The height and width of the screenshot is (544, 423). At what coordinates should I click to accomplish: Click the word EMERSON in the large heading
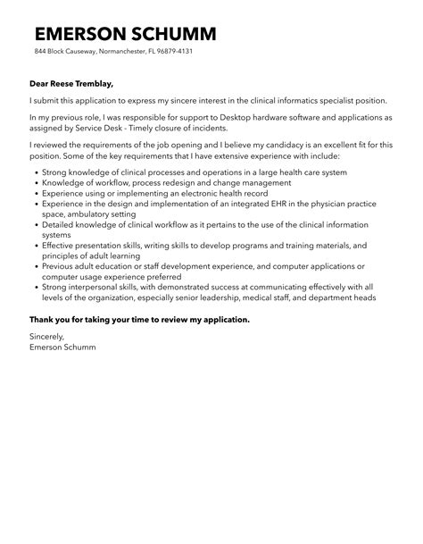pos(83,34)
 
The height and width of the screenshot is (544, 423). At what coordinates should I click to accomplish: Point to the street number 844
pos(41,52)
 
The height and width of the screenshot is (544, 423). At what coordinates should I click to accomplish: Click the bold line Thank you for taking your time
pos(139,319)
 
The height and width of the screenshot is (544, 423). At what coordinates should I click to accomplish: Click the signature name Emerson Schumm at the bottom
pos(62,347)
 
